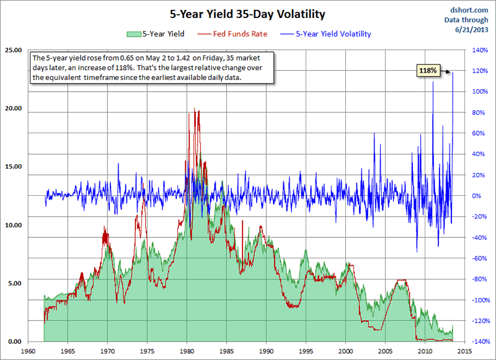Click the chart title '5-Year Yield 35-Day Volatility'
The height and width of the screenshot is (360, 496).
pyautogui.click(x=248, y=12)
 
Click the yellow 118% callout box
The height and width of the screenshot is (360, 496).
pyautogui.click(x=428, y=71)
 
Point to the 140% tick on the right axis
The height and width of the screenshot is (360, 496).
pyautogui.click(x=480, y=50)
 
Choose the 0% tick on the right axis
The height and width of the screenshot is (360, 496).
pyautogui.click(x=477, y=196)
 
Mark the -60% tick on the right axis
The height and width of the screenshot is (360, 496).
pyautogui.click(x=480, y=258)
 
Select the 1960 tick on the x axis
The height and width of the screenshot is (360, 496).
pyautogui.click(x=28, y=351)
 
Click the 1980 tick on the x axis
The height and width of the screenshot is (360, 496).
pyautogui.click(x=187, y=351)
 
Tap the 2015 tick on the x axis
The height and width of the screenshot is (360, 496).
pyautogui.click(x=464, y=351)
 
